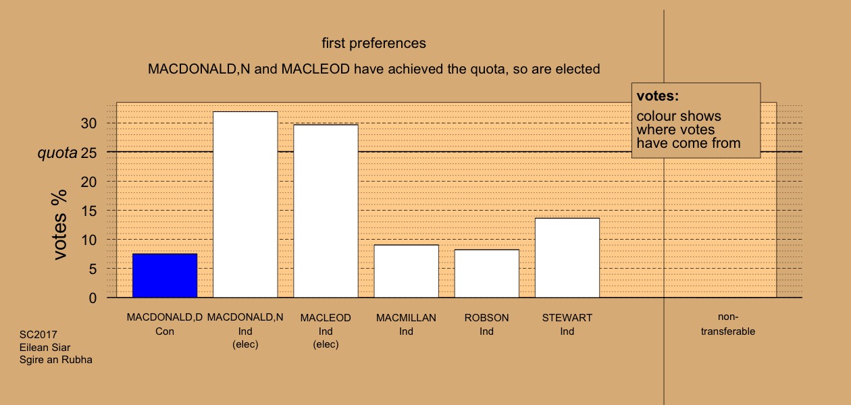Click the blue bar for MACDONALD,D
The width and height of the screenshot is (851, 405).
pyautogui.click(x=165, y=275)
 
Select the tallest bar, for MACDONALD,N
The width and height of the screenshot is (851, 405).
pyautogui.click(x=245, y=205)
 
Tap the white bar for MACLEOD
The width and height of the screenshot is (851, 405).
pyautogui.click(x=326, y=211)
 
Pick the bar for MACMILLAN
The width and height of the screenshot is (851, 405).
pyautogui.click(x=407, y=271)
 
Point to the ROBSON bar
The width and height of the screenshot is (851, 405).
pyautogui.click(x=487, y=273)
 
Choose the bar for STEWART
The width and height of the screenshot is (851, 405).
pyautogui.click(x=567, y=258)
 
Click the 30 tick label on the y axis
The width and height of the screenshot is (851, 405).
pyautogui.click(x=88, y=124)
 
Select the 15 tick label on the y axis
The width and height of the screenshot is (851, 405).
pyautogui.click(x=88, y=211)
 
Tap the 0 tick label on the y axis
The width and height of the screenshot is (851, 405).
pyautogui.click(x=93, y=298)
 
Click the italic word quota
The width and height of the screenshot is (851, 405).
pyautogui.click(x=57, y=153)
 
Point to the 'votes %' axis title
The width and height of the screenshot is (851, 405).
pyautogui.click(x=59, y=225)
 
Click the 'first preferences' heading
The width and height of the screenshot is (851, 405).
pyautogui.click(x=374, y=43)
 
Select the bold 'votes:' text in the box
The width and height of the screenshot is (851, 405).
pyautogui.click(x=658, y=96)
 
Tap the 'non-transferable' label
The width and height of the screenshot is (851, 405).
pyautogui.click(x=728, y=324)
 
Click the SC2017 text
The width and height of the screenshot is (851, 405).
pyautogui.click(x=38, y=334)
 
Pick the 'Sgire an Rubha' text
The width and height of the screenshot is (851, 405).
pyautogui.click(x=56, y=360)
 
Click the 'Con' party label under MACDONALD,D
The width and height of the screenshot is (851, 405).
pyautogui.click(x=165, y=331)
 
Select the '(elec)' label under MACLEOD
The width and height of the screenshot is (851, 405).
pyautogui.click(x=326, y=344)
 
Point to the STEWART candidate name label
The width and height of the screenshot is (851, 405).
pyautogui.click(x=567, y=318)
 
